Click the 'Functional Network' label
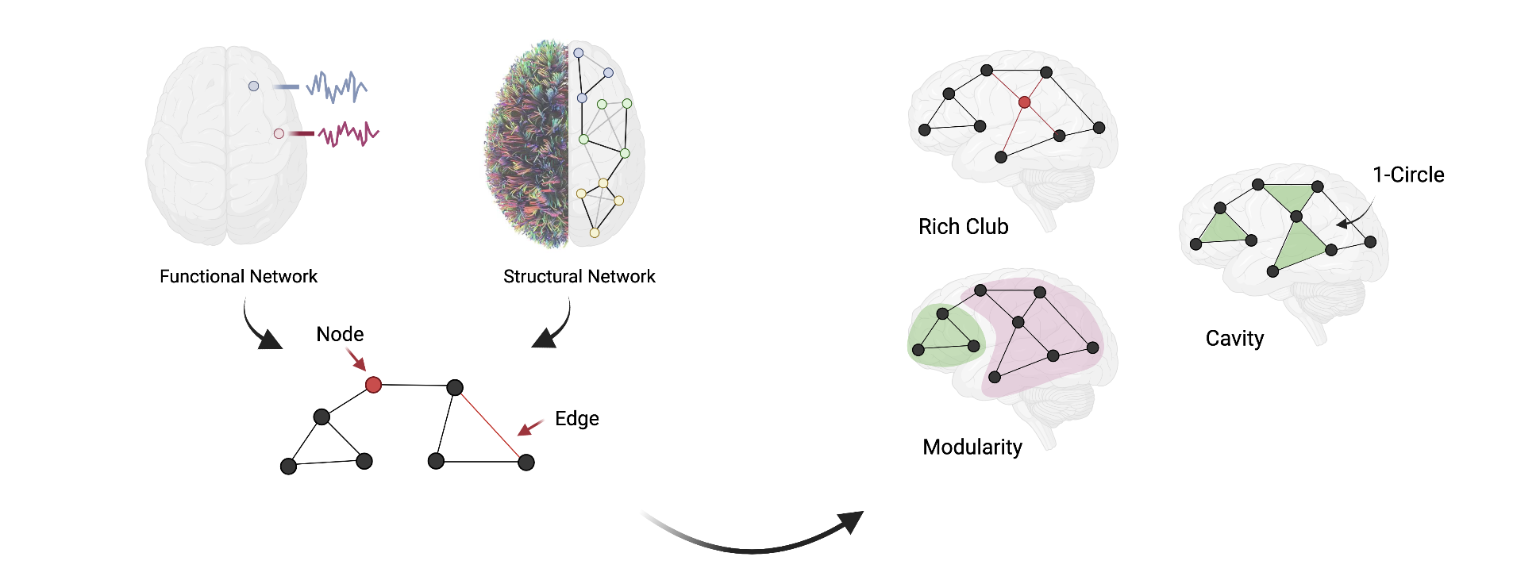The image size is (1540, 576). pos(238,276)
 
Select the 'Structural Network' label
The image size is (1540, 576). pos(579,276)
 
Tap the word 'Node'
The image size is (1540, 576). pos(340,334)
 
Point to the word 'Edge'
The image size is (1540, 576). pos(576,418)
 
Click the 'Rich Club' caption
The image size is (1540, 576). pos(963,227)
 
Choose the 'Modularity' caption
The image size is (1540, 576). pos(972,447)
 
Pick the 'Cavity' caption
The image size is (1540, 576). pos(1234,339)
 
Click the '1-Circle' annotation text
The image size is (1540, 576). pos(1408,175)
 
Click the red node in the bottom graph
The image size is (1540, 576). pos(373,385)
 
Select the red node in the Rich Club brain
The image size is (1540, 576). pos(1024,102)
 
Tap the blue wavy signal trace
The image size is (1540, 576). pos(337,86)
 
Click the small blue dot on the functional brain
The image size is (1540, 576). pos(253,86)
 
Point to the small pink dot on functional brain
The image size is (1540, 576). pos(279,133)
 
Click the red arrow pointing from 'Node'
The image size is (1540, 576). pos(356,360)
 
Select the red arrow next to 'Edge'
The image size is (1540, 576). pos(529,428)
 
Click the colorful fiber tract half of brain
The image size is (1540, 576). pos(528,143)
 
